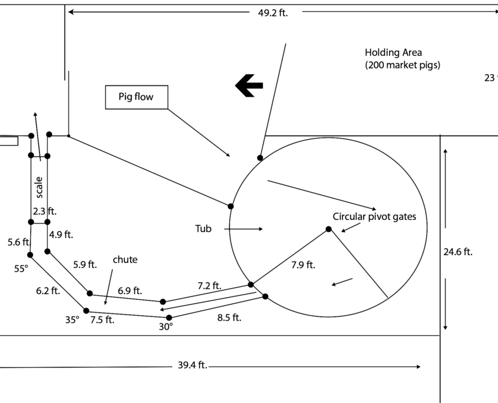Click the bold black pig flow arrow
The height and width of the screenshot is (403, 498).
click(x=249, y=86)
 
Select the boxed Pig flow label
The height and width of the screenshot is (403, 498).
click(x=137, y=97)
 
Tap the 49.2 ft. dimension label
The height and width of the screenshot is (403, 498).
click(x=272, y=13)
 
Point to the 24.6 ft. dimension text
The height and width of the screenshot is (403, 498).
click(x=458, y=252)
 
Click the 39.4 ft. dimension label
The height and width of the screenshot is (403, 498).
click(x=192, y=366)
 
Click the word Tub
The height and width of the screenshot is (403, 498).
click(x=203, y=229)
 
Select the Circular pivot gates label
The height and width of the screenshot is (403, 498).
click(x=374, y=217)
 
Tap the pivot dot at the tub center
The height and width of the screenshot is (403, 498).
click(x=329, y=229)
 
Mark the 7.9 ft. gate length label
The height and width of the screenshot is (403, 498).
click(x=304, y=265)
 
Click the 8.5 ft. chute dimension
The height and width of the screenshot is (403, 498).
click(x=229, y=318)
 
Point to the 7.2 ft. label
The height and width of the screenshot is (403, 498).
click(x=209, y=286)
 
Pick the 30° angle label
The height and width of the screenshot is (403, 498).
click(x=166, y=326)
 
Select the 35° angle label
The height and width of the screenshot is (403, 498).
click(x=72, y=321)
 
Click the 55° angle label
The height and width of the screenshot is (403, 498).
click(x=21, y=269)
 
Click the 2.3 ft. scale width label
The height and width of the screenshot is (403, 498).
click(x=45, y=211)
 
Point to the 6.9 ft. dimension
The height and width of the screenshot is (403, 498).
click(x=130, y=290)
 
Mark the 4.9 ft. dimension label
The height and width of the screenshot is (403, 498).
click(x=61, y=234)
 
